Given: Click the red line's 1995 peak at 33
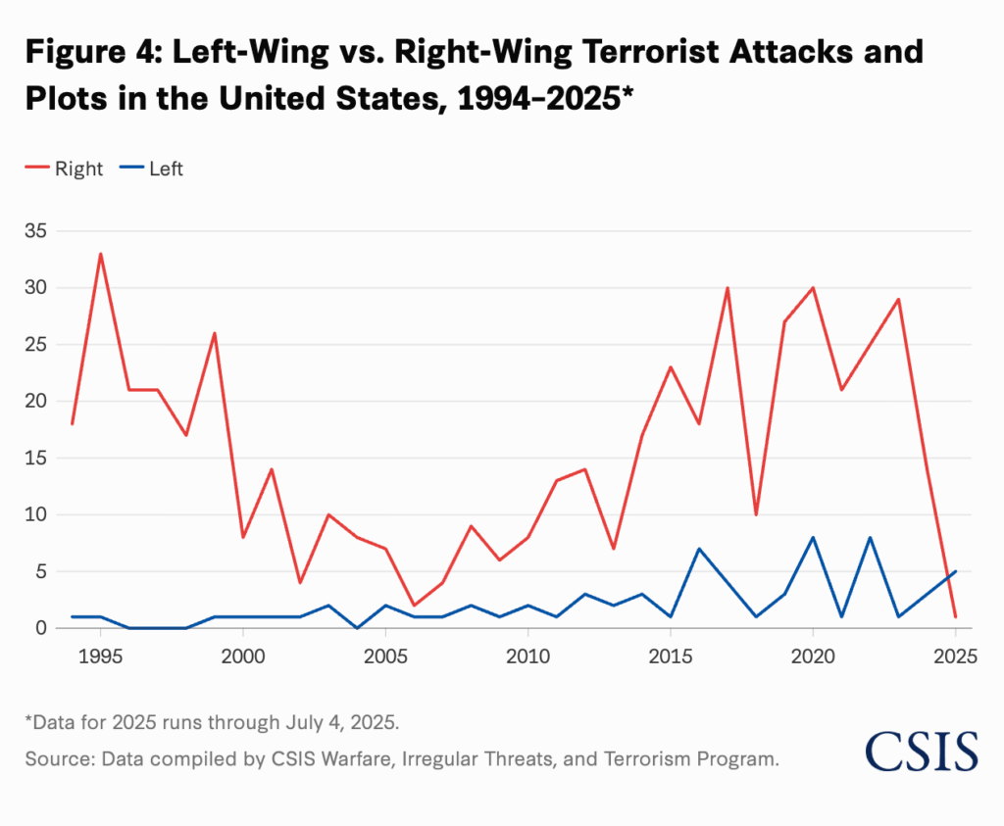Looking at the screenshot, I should click(100, 254).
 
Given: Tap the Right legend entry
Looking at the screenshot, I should click(65, 169).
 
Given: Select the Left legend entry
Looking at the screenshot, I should click(153, 169).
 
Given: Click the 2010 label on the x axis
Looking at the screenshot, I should click(527, 656).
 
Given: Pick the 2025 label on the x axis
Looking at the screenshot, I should click(955, 656).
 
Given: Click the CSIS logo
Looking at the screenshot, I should click(921, 752).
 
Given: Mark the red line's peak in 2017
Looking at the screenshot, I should click(728, 288).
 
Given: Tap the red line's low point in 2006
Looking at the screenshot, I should click(414, 606).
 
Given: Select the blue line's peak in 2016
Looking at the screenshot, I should click(699, 549).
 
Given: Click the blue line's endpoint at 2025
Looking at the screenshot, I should click(955, 571).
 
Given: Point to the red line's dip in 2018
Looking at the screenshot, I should click(756, 514).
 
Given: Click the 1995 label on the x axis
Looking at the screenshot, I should click(100, 656).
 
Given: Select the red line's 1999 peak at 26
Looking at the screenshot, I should click(214, 333).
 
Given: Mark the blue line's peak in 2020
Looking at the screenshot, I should click(813, 537).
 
